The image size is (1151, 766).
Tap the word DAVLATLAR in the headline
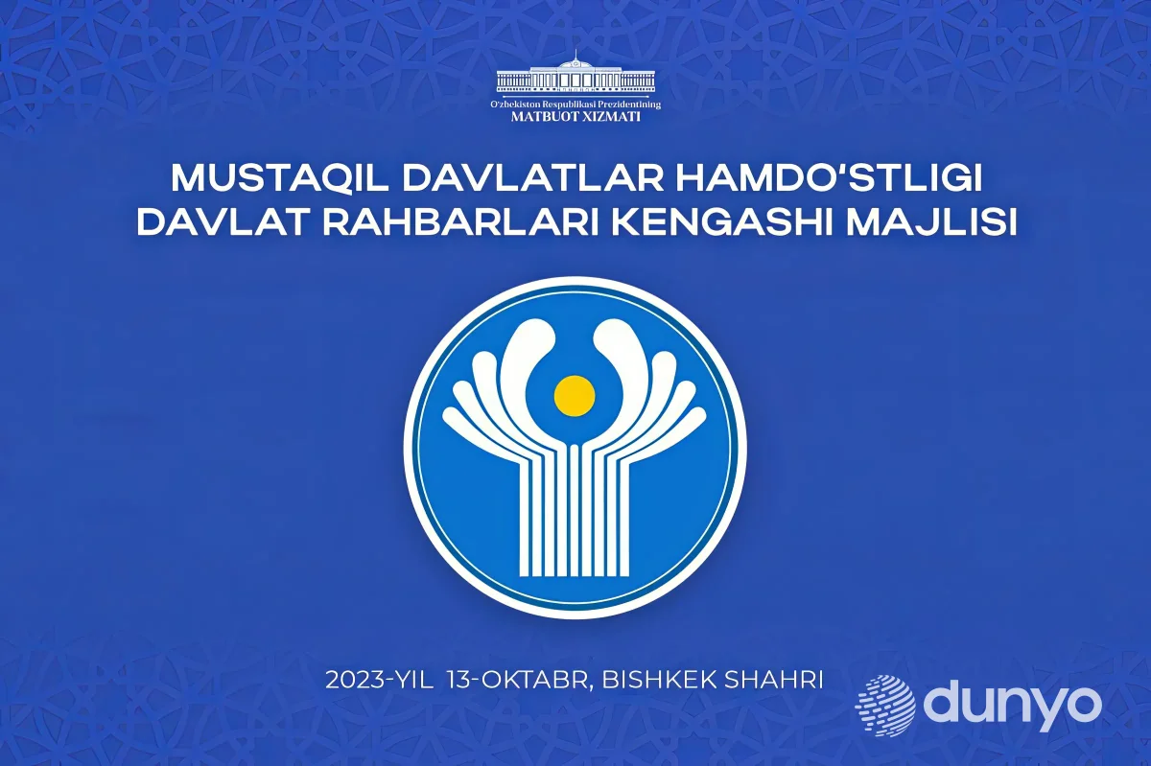(x=533, y=177)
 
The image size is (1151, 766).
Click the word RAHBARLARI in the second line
(x=461, y=223)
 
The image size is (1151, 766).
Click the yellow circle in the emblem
(x=575, y=396)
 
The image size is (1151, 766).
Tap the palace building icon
(x=575, y=76)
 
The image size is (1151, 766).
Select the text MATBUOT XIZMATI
(x=575, y=117)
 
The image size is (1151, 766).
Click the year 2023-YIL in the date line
(x=379, y=681)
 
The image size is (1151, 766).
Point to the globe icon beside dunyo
(x=885, y=706)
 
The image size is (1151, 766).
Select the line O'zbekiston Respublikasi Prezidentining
(x=575, y=104)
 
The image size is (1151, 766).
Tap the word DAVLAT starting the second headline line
(x=223, y=223)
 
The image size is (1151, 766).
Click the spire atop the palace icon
(x=576, y=55)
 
